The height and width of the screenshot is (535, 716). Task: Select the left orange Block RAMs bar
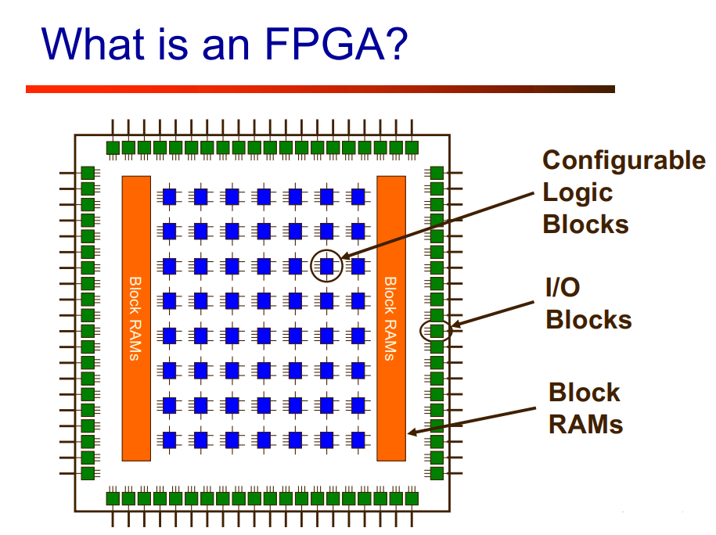[136, 318]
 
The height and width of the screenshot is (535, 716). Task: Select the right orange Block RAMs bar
[391, 318]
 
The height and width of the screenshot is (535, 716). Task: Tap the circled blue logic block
[327, 266]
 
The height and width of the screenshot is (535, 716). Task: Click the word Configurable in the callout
[623, 160]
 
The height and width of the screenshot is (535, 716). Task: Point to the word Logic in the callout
[577, 192]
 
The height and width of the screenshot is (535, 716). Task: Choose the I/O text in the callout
[563, 288]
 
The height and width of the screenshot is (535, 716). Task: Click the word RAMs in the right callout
[585, 424]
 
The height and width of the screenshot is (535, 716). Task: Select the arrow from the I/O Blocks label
[497, 313]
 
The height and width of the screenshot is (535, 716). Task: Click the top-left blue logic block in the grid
[169, 196]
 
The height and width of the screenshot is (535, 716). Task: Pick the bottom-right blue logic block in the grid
[358, 440]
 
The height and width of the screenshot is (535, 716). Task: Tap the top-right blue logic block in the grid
[358, 196]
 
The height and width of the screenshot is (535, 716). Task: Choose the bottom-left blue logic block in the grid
[169, 440]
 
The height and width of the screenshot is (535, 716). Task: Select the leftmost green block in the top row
[113, 147]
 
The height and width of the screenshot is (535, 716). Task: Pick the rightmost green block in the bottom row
[412, 497]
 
